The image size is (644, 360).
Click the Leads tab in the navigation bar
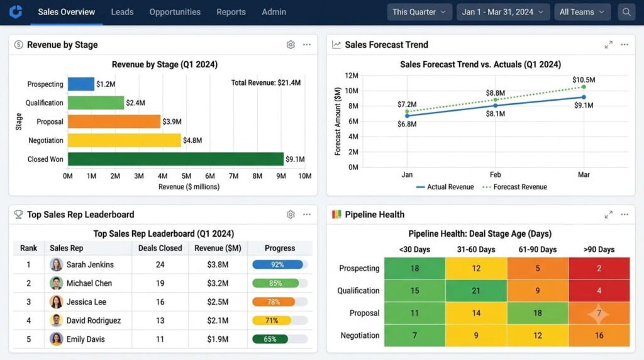click(x=122, y=12)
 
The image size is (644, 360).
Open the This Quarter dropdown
click(x=419, y=12)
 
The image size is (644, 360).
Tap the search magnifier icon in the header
click(x=626, y=12)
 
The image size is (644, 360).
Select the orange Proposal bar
click(x=114, y=121)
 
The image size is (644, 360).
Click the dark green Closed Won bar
click(x=176, y=159)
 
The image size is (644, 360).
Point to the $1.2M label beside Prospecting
click(x=106, y=84)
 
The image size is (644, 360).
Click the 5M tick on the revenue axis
click(x=186, y=176)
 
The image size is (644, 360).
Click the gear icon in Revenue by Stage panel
click(x=291, y=45)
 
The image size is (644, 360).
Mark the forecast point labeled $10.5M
click(x=584, y=87)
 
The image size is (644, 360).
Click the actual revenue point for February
click(x=496, y=106)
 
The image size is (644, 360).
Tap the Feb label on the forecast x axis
click(x=496, y=175)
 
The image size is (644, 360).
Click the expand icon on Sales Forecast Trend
click(x=609, y=45)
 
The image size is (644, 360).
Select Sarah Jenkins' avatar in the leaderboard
click(x=56, y=264)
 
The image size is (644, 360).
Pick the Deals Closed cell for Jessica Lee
click(x=160, y=301)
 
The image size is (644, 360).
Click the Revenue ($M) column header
click(x=218, y=248)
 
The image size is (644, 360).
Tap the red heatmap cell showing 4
click(x=599, y=291)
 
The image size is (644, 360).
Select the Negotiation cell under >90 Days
click(x=599, y=335)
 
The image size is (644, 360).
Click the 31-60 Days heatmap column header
click(x=476, y=249)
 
